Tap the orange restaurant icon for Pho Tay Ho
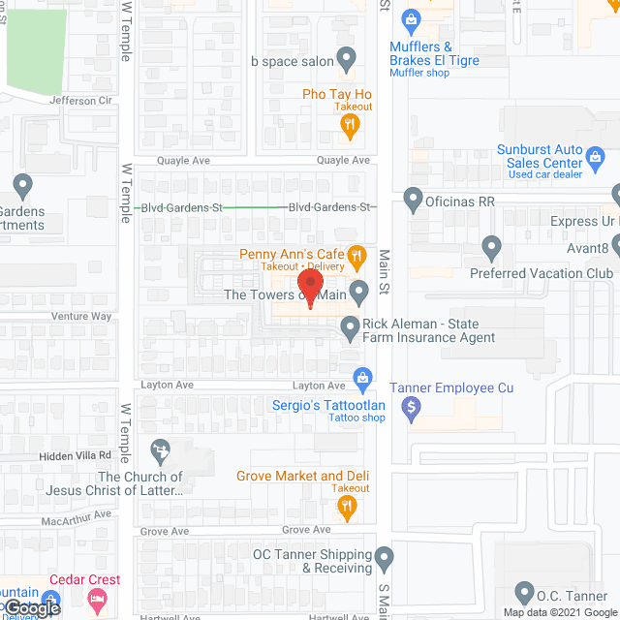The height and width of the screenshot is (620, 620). point(352,123)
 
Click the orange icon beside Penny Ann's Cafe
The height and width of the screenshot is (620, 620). point(357,255)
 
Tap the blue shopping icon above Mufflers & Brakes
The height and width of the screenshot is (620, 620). point(412,18)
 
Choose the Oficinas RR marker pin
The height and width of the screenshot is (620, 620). point(414,201)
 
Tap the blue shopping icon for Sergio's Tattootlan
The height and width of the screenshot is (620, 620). point(363,377)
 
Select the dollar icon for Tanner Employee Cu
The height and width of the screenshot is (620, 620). point(413,407)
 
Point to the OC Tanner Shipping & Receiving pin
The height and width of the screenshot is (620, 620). point(385,559)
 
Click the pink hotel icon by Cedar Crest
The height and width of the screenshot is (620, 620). point(97,601)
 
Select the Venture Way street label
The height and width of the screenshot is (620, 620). point(82,317)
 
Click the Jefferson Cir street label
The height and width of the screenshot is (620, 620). point(87,101)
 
